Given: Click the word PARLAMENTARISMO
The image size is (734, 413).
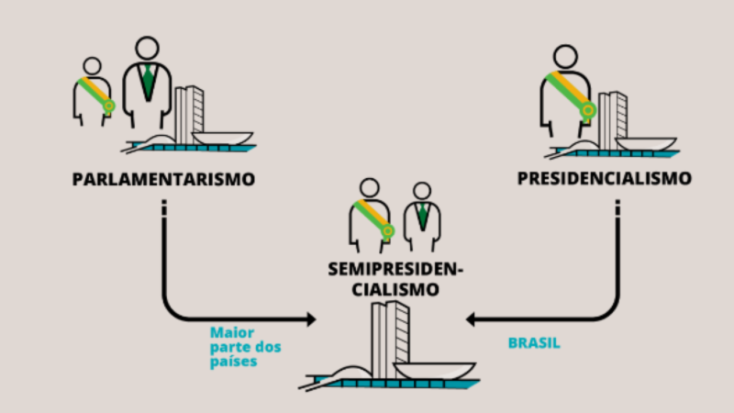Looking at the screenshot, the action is (x=163, y=179).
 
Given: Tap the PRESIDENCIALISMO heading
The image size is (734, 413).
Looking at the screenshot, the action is (x=605, y=178).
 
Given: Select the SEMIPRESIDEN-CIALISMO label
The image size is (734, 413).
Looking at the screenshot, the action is (x=395, y=279).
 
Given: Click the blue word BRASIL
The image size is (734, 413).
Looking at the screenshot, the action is (x=534, y=343).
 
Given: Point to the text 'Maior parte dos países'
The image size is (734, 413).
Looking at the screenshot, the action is (x=245, y=347).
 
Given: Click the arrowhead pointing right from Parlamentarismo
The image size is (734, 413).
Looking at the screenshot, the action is (x=311, y=319).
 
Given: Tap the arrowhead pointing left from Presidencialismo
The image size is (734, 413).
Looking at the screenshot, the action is (x=471, y=319).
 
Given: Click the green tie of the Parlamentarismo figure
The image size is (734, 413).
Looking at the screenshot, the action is (x=148, y=83).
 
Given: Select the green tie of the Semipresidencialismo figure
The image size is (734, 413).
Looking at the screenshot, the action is (x=423, y=216).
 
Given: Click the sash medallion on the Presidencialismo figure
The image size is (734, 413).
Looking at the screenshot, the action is (x=588, y=110).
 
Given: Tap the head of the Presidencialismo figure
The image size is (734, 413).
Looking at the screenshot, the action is (x=565, y=57).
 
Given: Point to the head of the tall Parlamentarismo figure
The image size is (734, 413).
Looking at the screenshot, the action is (x=147, y=49).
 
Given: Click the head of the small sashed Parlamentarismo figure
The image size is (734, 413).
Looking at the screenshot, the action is (x=93, y=66).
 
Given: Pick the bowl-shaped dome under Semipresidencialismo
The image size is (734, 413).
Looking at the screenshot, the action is (x=434, y=371).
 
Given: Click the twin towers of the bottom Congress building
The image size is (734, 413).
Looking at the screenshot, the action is (x=390, y=340).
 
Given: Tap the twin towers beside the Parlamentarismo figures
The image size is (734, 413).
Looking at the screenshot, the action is (x=189, y=115).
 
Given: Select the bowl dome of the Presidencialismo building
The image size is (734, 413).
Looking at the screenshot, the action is (x=646, y=144).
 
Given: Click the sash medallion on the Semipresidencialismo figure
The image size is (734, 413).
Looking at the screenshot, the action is (x=387, y=231).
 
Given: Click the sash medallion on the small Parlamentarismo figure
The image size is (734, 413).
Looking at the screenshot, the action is (x=109, y=106).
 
